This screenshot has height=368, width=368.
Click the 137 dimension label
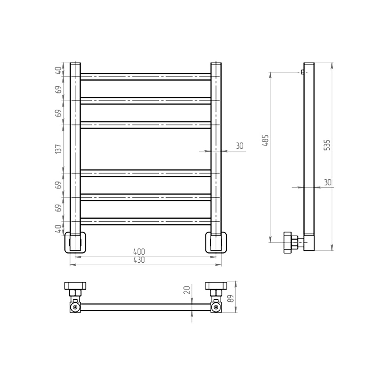pos(58,149)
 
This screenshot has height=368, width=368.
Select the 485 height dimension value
pos(265,140)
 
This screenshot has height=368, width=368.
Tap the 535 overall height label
pos(327,145)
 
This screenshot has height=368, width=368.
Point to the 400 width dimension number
pos(139,252)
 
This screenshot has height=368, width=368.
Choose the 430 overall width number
pos(139,260)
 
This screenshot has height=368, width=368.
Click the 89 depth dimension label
pos(231,298)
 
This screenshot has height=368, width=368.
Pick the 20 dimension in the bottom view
pos(187,290)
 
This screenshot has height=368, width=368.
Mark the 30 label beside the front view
pos(240,146)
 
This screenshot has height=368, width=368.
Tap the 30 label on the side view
pos(328,183)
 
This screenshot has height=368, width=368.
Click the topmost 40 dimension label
pos(58,70)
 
